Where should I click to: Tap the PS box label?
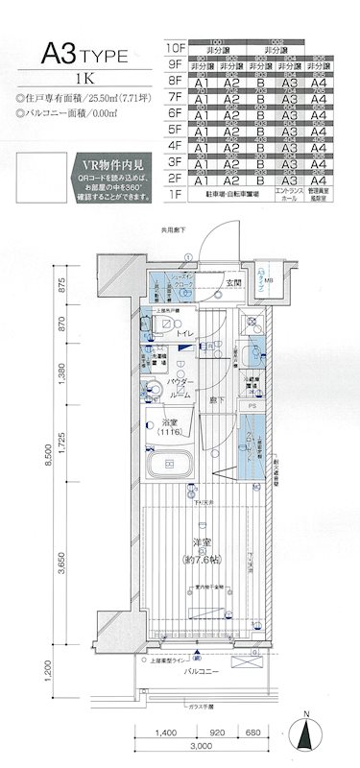251,406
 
